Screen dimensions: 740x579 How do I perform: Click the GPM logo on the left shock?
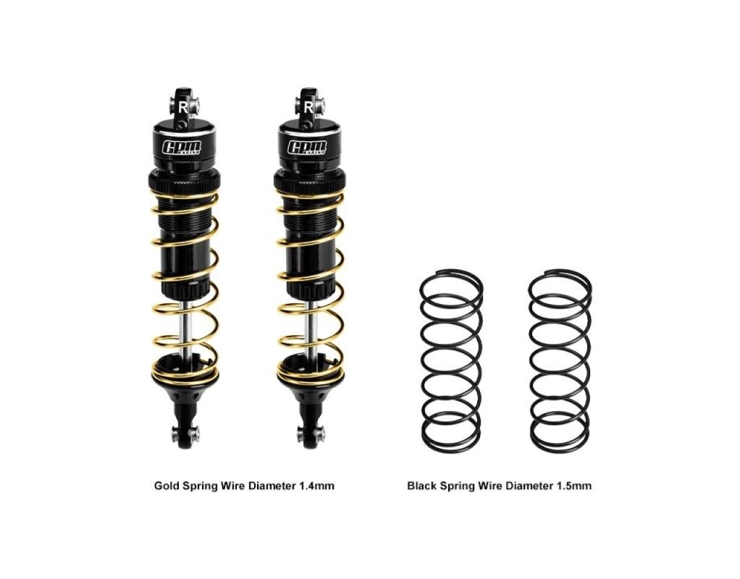[182, 148]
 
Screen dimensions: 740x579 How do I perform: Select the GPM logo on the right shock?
[307, 148]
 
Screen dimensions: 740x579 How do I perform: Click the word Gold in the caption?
[165, 486]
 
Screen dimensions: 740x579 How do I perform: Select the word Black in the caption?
[421, 486]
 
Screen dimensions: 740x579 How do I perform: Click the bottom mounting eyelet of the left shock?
[185, 434]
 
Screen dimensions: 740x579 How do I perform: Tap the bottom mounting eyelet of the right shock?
[310, 434]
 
